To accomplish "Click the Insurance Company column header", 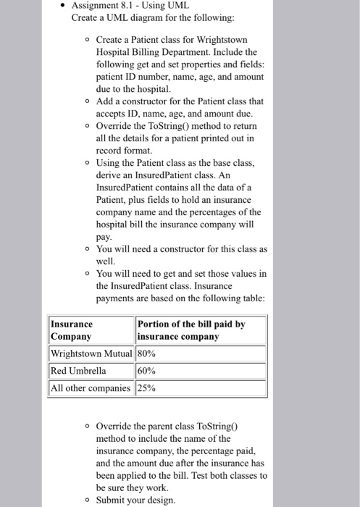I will pos(91,330).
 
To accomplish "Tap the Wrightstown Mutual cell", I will pos(91,354).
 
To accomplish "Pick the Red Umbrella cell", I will pos(78,371).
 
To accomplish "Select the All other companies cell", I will pos(91,387).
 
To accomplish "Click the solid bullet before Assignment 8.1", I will pos(64,7).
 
